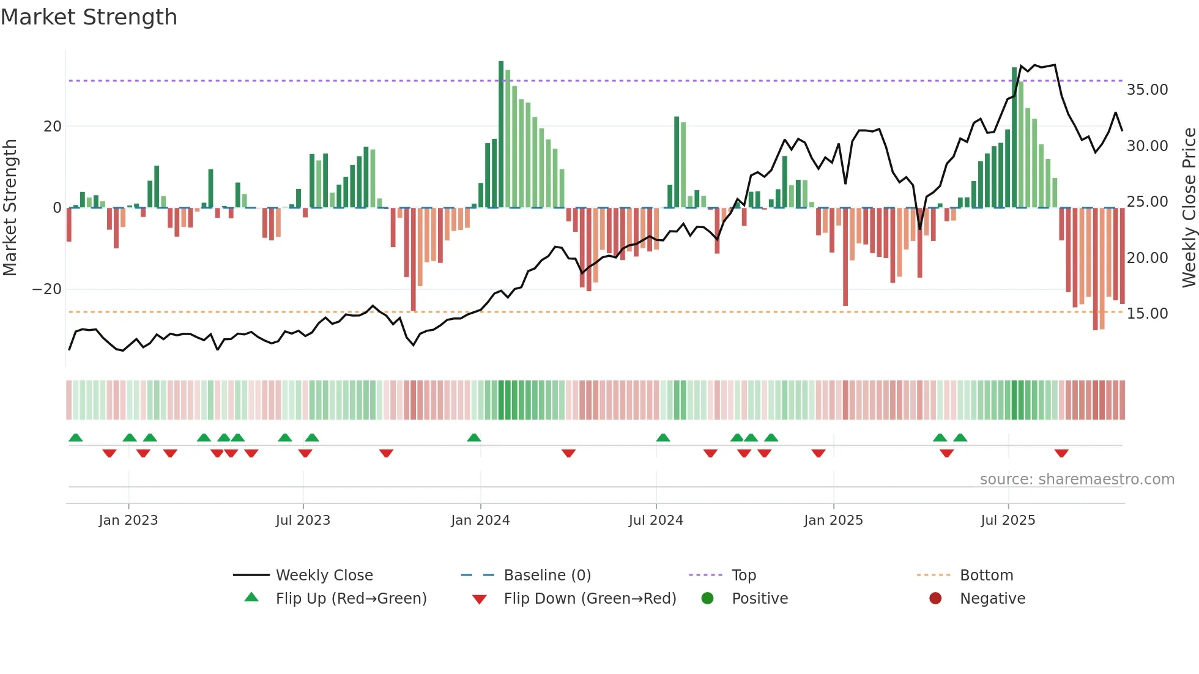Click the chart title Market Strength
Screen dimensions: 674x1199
89,17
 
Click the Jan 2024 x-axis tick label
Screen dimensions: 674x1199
480,520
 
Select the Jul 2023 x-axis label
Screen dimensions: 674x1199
303,520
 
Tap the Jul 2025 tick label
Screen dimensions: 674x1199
1008,520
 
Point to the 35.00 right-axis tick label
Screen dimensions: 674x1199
1147,90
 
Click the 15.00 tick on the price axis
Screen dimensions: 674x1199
1147,314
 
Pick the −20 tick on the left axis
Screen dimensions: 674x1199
47,289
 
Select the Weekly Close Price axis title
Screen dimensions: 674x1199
1189,208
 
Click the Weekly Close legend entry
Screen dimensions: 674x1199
324,576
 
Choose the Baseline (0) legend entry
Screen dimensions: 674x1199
547,576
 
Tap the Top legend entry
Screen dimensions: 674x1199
743,576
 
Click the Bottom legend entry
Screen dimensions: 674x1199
986,576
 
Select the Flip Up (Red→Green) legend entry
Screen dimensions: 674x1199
351,599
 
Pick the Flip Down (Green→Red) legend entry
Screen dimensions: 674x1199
590,599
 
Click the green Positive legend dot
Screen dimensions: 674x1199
707,599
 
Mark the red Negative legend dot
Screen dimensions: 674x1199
935,599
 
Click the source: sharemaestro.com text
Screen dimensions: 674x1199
1077,480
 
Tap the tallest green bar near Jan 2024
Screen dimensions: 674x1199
501,135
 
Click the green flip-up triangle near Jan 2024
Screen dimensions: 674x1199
474,437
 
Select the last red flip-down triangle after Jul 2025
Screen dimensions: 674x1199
1061,453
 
